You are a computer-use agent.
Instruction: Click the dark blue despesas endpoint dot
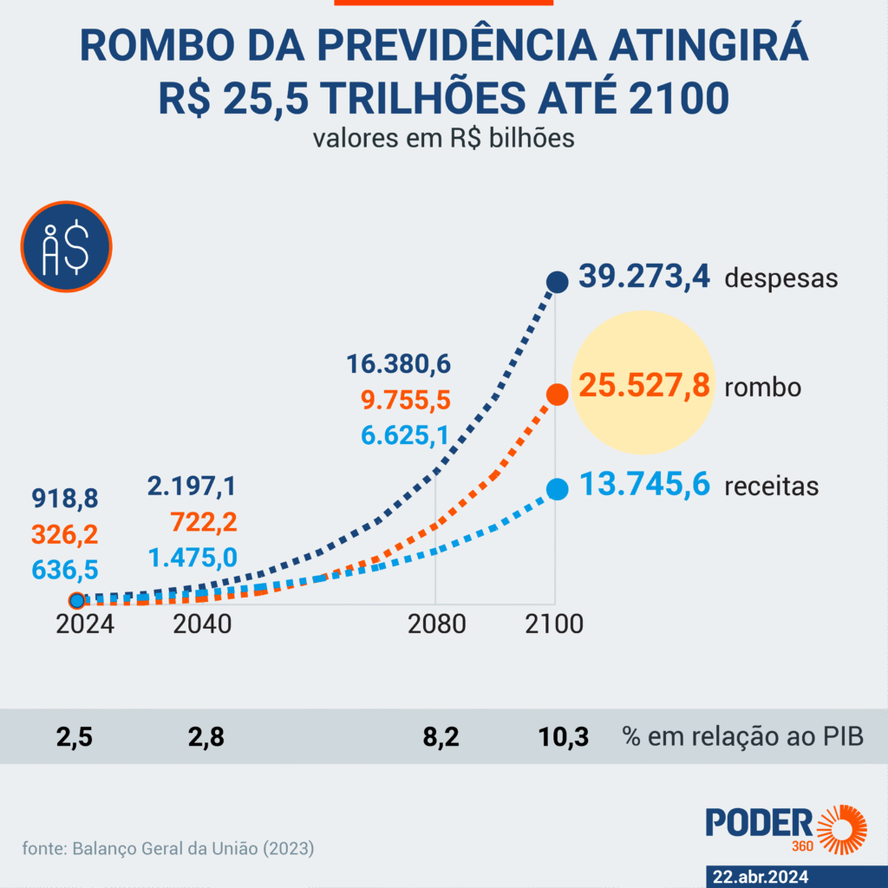(556, 281)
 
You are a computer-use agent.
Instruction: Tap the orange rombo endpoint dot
(556, 395)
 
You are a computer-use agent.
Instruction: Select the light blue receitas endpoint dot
(556, 491)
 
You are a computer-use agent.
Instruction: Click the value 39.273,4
(644, 277)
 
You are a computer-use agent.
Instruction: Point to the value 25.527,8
(644, 385)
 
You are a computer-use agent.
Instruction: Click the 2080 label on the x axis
(435, 624)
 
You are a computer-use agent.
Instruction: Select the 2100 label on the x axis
(555, 624)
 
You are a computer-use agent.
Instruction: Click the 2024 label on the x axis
(85, 624)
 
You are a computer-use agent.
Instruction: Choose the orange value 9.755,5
(405, 400)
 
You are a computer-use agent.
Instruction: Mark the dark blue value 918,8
(65, 499)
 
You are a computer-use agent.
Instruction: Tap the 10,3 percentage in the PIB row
(563, 738)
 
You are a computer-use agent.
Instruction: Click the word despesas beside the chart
(780, 278)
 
